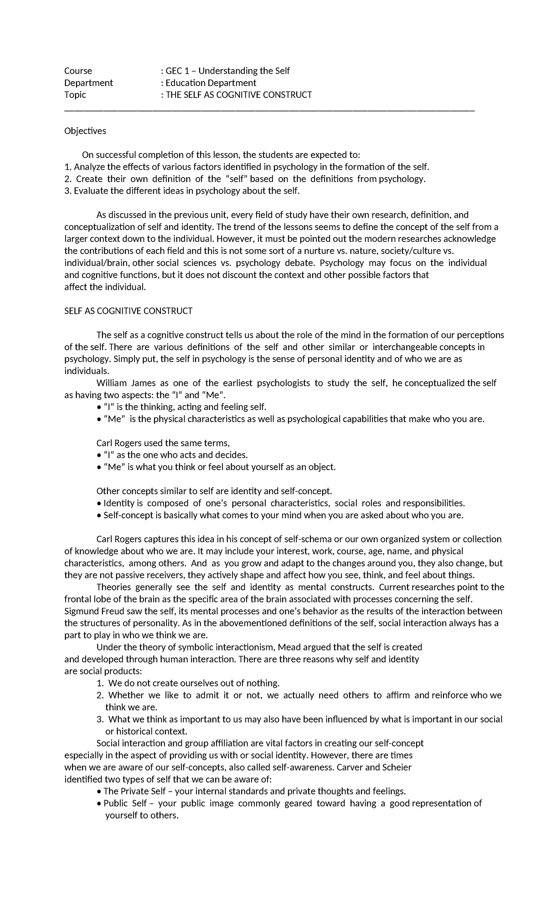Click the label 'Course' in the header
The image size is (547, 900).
tap(78, 71)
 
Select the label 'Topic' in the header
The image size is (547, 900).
tap(75, 95)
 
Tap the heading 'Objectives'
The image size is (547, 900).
tap(85, 131)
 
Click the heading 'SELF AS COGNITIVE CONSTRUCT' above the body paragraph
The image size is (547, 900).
tap(128, 311)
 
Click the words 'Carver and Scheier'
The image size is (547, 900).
tap(374, 767)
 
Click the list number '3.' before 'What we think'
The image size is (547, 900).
tap(100, 719)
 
